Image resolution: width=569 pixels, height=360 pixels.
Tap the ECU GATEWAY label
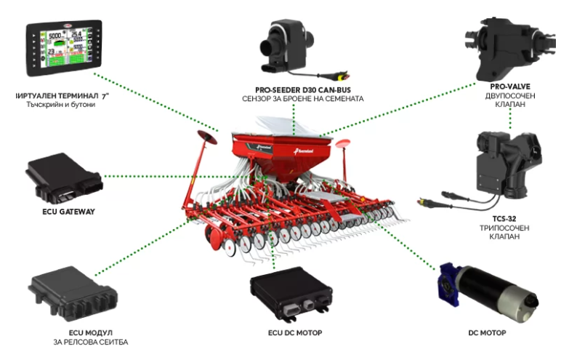point(68,212)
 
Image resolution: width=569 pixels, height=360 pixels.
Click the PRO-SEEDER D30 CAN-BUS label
point(303,90)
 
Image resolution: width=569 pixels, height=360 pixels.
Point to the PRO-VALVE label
point(510,87)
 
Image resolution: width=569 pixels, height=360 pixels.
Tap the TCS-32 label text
point(504,219)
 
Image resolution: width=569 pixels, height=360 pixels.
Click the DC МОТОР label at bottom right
point(487,333)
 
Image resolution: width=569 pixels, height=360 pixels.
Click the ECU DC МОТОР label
point(295,333)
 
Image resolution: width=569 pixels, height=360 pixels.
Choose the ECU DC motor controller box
point(291,294)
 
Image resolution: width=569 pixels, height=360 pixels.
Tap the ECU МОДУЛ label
point(91,333)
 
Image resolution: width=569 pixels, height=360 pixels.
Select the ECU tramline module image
point(73,295)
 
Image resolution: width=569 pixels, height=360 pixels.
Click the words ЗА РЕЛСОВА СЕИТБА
point(91,343)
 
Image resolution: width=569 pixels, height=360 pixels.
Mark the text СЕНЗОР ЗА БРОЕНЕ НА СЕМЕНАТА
point(303,99)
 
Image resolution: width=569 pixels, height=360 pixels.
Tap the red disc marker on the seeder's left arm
point(207,137)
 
